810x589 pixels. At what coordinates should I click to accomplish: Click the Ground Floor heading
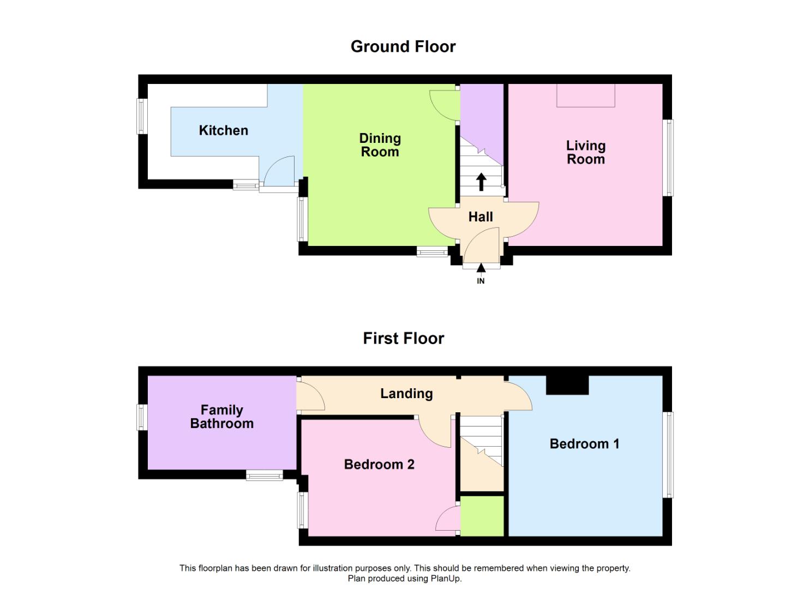tap(403, 47)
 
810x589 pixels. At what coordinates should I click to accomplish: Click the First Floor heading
tap(404, 339)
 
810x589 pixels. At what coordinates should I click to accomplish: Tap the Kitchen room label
tap(224, 130)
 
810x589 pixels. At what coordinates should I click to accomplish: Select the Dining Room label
tap(380, 145)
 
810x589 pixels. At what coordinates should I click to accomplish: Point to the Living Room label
tap(586, 152)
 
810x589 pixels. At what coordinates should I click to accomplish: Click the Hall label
tap(481, 217)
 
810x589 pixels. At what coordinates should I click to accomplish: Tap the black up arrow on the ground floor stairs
tap(481, 182)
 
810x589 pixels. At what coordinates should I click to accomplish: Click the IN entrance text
tap(481, 281)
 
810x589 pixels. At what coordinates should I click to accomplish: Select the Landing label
tap(406, 393)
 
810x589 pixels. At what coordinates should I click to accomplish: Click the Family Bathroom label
tap(221, 417)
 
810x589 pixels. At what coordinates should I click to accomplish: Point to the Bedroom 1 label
tap(584, 443)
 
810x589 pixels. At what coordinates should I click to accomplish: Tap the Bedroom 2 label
tap(379, 464)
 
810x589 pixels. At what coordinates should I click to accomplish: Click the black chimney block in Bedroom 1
tap(567, 385)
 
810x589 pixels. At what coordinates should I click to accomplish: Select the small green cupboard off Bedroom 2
tap(482, 516)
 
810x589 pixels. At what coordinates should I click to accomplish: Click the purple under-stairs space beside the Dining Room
tap(482, 119)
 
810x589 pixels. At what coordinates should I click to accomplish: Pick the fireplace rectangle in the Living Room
tap(585, 95)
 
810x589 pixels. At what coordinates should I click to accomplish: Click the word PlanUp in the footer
tap(445, 579)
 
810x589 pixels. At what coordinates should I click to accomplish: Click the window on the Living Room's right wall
tap(670, 158)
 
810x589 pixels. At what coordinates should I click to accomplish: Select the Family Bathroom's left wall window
tap(142, 417)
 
